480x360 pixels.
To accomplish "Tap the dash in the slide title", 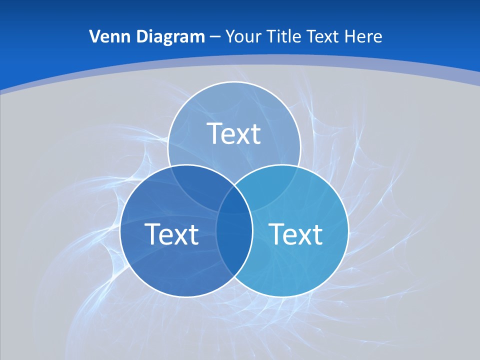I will pos(214,37).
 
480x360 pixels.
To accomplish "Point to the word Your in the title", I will pos(243,36).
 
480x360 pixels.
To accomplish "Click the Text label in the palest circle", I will pos(234,133).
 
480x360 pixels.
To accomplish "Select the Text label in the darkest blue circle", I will pos(171,234).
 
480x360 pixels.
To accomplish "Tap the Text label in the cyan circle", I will pos(295,234).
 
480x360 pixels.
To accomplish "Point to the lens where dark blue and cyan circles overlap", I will pos(234,240).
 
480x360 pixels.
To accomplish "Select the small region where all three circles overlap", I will pos(234,200).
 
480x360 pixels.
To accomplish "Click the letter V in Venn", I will pos(94,36).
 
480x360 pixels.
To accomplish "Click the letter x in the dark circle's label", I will pos(180,236).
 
